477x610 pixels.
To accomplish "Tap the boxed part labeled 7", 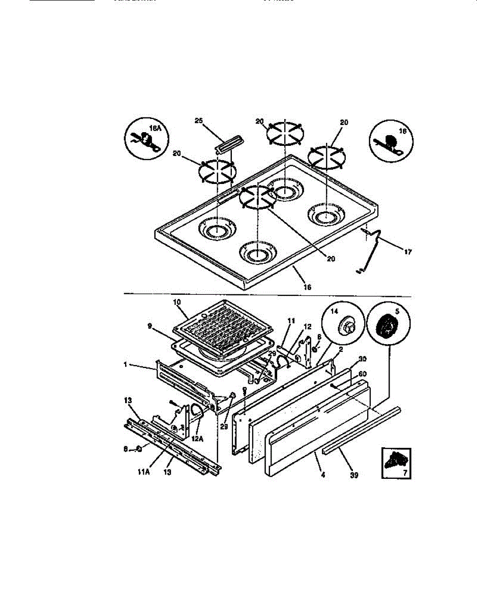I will [x=396, y=461].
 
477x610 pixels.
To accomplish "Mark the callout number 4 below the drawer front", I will [x=323, y=475].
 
